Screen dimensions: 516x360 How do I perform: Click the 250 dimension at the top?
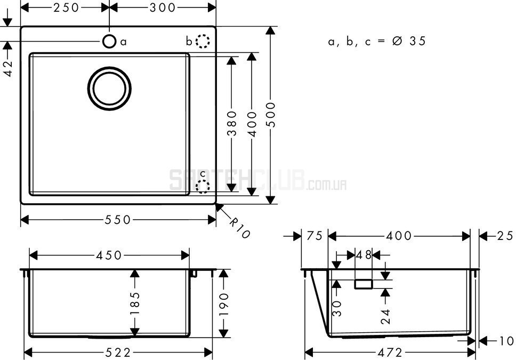(x=66, y=7)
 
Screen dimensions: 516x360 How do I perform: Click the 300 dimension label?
(x=163, y=7)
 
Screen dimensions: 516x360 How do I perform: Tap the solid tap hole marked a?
(x=109, y=42)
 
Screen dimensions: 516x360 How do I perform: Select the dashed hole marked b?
(x=203, y=42)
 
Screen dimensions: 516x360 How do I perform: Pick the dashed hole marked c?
(x=203, y=187)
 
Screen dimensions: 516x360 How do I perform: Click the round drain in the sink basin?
(x=110, y=89)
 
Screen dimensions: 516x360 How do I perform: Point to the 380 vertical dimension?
(x=232, y=124)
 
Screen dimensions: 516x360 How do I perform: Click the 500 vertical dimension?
(x=270, y=115)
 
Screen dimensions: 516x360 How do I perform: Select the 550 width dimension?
(x=118, y=220)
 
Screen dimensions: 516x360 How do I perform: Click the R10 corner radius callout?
(x=239, y=228)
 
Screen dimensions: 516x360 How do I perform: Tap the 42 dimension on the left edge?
(x=8, y=68)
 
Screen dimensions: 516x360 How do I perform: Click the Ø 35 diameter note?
(x=409, y=41)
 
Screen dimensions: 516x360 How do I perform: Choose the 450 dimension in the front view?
(x=109, y=255)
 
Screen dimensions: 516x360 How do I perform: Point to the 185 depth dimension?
(x=135, y=303)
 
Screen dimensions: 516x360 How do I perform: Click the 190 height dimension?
(x=224, y=303)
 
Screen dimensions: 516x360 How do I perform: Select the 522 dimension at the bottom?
(x=118, y=353)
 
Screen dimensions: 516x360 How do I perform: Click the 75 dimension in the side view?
(x=315, y=236)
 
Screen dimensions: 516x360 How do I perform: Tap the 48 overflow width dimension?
(x=364, y=255)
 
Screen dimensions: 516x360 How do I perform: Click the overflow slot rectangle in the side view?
(x=364, y=284)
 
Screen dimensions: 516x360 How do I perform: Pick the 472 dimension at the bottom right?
(x=390, y=353)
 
